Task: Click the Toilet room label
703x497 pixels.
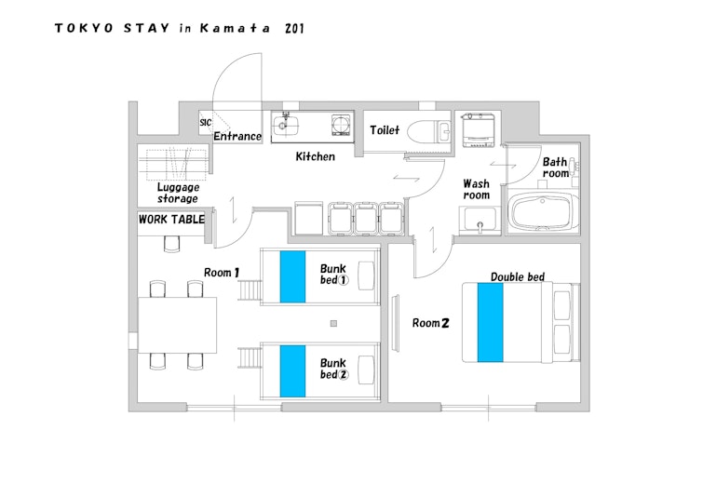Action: pos(385,130)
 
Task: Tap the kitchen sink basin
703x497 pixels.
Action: pos(285,125)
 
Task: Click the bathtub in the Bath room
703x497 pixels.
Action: pos(542,212)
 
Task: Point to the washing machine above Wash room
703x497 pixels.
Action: pos(479,130)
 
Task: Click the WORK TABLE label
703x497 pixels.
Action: pos(171,219)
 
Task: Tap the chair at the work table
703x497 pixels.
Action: pos(171,244)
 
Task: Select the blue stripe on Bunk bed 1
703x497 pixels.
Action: pos(292,276)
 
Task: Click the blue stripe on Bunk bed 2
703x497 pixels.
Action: pos(292,371)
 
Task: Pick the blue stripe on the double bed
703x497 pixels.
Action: pos(490,322)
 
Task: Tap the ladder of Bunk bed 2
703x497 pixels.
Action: pos(250,357)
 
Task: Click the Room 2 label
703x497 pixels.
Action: pos(430,323)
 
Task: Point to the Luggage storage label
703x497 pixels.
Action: pos(178,193)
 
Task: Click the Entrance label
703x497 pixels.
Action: pos(237,136)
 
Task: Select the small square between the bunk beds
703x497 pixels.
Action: pos(333,324)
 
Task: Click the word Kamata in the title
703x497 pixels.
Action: pos(235,28)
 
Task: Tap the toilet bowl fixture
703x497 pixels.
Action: pos(424,130)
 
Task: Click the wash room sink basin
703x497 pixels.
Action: pos(480,219)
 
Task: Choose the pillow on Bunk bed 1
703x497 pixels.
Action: pos(366,276)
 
